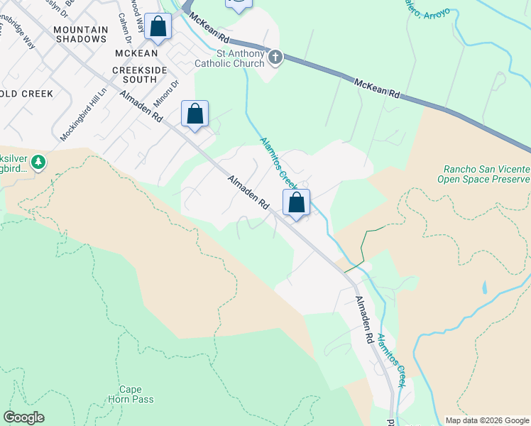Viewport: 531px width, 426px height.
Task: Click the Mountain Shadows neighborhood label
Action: (x=80, y=34)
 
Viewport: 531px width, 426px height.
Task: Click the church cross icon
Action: (x=275, y=57)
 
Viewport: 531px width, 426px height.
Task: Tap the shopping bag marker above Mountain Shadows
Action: (x=158, y=28)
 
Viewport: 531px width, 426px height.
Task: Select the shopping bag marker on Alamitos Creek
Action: (x=297, y=202)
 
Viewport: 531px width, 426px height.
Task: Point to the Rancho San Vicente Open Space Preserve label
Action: (x=486, y=174)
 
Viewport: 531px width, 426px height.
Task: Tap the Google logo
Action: (x=23, y=417)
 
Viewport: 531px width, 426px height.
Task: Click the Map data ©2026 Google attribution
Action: (x=487, y=420)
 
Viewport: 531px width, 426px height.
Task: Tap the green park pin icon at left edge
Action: (x=38, y=163)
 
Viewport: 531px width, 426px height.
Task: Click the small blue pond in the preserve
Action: (x=484, y=287)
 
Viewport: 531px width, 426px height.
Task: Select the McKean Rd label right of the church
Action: (x=377, y=88)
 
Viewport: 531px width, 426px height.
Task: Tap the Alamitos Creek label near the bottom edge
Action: (x=391, y=359)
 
